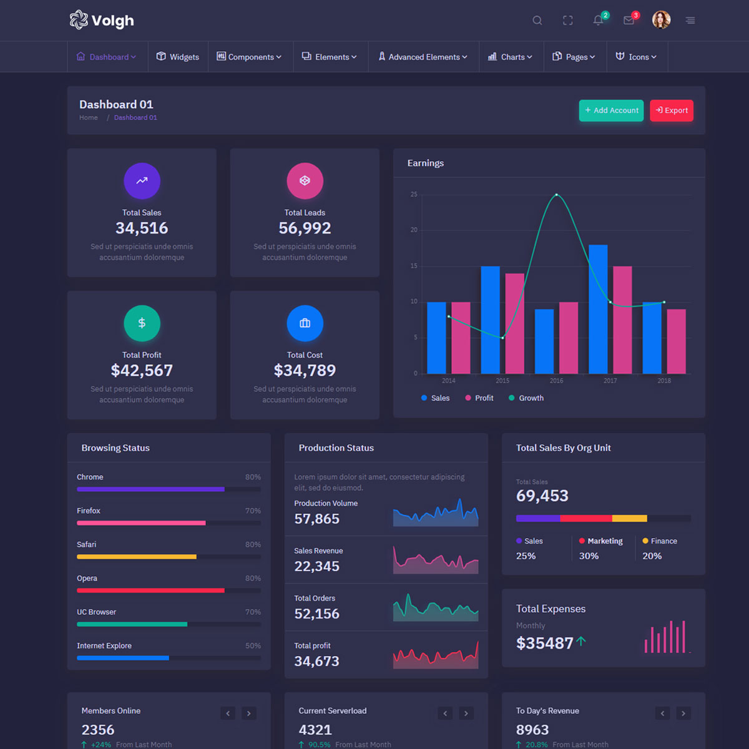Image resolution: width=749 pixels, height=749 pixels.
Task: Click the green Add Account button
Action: point(611,110)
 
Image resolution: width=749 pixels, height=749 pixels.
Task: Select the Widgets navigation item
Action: point(178,57)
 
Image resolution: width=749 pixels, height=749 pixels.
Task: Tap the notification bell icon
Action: point(598,21)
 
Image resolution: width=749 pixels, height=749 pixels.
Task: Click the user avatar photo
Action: point(661,20)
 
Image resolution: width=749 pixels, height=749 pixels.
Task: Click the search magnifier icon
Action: point(537,21)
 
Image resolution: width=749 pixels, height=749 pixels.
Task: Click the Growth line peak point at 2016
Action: point(556,195)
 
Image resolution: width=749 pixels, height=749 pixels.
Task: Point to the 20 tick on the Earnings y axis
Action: point(414,230)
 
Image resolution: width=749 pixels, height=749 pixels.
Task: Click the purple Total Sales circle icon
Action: point(142,181)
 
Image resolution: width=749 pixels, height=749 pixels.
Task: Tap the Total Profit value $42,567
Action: point(142,371)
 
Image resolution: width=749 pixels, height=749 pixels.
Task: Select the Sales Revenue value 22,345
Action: point(317,567)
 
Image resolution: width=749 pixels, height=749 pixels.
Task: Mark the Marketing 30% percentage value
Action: point(589,556)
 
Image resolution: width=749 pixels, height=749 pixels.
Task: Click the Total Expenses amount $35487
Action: point(545,643)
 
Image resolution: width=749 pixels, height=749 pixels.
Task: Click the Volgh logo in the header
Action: point(102,21)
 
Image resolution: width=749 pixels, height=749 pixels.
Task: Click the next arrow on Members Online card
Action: point(249,713)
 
